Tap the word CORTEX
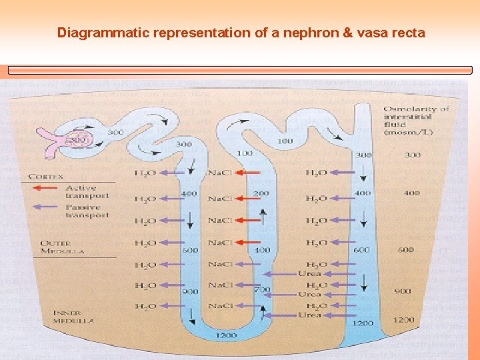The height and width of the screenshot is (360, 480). pyautogui.click(x=46, y=177)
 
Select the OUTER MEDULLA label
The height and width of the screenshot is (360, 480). pyautogui.click(x=64, y=247)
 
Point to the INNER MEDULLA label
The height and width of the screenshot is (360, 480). pyautogui.click(x=73, y=316)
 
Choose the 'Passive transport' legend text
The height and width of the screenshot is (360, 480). pyautogui.click(x=87, y=211)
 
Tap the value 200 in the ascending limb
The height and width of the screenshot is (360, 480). pyautogui.click(x=261, y=193)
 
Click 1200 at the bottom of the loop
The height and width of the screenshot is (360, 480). pyautogui.click(x=226, y=335)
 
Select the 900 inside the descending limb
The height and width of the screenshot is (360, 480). pyautogui.click(x=191, y=291)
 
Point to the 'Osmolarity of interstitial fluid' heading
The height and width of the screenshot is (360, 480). pyautogui.click(x=416, y=120)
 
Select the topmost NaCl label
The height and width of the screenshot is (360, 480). pyautogui.click(x=220, y=173)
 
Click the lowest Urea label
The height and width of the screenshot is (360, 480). pyautogui.click(x=309, y=315)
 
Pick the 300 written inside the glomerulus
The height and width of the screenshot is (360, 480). pyautogui.click(x=79, y=141)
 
